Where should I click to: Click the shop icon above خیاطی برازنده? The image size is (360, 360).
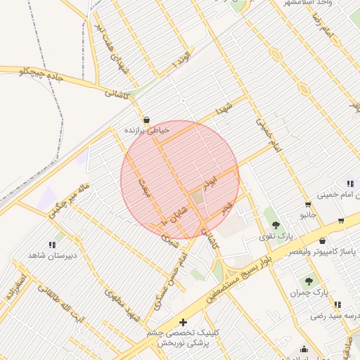[x=146, y=119]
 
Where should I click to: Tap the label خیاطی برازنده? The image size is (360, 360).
[x=147, y=130]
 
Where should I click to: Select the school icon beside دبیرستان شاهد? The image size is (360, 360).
[x=52, y=245]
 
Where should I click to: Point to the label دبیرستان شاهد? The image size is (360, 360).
[x=51, y=256]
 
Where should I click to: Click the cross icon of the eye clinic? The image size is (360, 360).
[x=184, y=321]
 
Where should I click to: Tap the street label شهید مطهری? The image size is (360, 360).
[x=120, y=301]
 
